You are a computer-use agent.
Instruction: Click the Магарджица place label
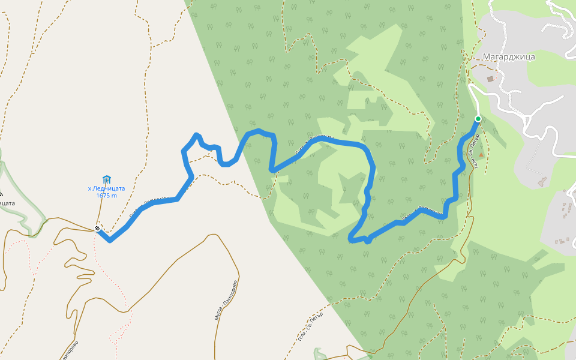click(508, 57)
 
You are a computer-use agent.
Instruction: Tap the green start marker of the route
click(478, 119)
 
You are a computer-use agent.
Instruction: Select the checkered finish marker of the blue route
click(97, 228)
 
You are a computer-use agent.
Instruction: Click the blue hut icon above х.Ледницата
click(107, 179)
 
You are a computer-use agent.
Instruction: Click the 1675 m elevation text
click(106, 196)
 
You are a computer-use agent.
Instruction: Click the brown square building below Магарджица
click(490, 79)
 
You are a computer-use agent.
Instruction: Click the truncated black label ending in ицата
click(7, 203)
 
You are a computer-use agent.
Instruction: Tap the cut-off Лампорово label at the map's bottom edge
click(70, 351)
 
